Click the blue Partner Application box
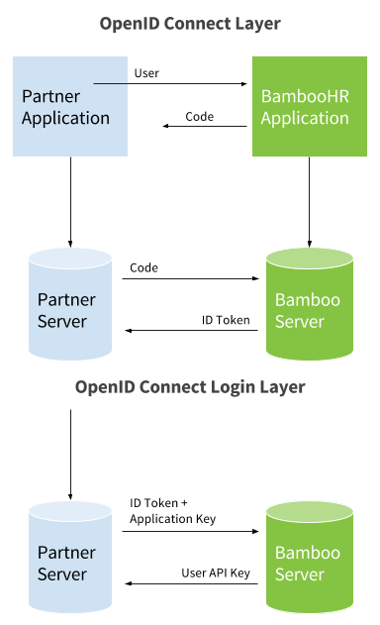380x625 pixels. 70,106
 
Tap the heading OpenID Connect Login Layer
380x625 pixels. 190,386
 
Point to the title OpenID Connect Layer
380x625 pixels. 190,24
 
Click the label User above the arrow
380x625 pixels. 146,73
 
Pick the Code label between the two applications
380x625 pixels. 200,117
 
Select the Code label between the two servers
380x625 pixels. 144,267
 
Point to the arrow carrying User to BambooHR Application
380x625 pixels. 188,84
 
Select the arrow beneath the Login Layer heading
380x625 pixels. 70,451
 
